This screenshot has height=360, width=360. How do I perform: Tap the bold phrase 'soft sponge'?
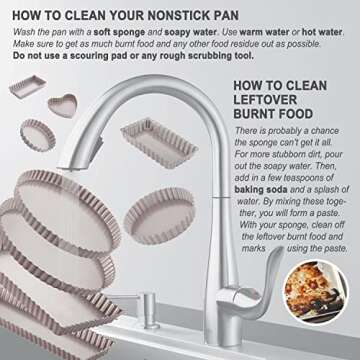point(119,32)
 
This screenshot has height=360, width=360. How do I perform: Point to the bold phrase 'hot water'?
point(322,32)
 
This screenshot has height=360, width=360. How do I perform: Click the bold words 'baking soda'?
point(261,190)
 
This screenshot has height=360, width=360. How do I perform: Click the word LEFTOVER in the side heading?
point(265,100)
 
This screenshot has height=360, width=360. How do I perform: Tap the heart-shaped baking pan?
point(62,105)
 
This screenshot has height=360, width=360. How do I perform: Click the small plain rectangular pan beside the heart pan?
point(27,86)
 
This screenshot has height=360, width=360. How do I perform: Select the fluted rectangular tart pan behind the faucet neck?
point(159,143)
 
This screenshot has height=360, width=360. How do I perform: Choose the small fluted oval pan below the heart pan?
point(38,135)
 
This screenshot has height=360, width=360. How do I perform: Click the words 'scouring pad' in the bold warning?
point(104,56)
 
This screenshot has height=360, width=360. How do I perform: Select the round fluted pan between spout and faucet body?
point(159,215)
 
